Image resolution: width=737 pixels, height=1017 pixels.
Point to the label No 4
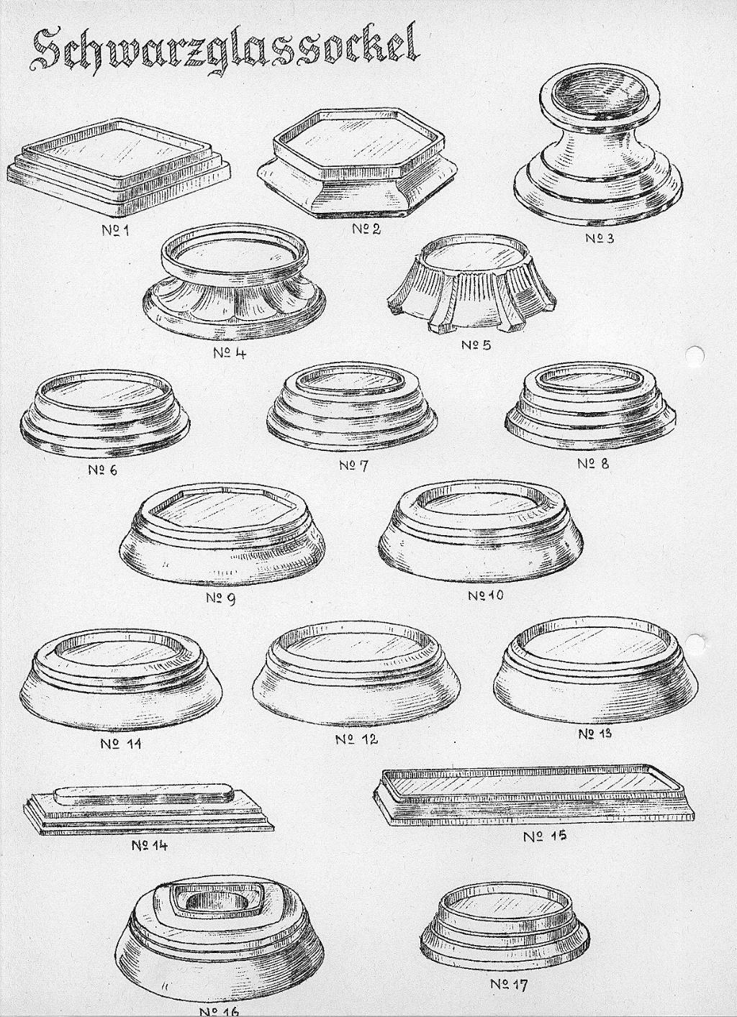pos(230,353)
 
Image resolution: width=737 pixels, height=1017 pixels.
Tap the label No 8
pos(593,464)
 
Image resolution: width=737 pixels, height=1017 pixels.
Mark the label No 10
pos(487,596)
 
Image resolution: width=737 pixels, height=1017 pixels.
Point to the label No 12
pos(356,739)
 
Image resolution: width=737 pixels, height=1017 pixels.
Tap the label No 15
pos(545,836)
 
